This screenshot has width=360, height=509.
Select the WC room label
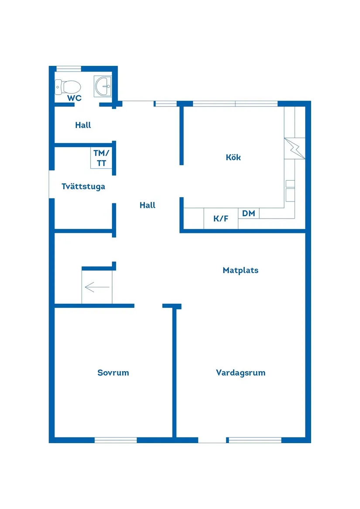(x=74, y=98)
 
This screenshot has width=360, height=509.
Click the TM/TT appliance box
(x=102, y=158)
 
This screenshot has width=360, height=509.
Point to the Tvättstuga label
(x=83, y=186)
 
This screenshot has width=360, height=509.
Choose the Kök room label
(x=233, y=157)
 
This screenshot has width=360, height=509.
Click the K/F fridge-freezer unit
(x=221, y=219)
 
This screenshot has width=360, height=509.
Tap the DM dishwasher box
(x=248, y=213)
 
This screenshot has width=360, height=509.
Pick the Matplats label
(x=240, y=270)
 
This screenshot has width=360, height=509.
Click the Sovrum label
(x=113, y=372)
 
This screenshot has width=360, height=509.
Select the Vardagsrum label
(x=240, y=372)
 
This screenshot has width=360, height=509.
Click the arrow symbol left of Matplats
(x=97, y=287)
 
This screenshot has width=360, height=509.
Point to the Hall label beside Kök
(x=147, y=205)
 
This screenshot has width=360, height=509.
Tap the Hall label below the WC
(x=83, y=125)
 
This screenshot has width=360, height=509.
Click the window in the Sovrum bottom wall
(x=116, y=440)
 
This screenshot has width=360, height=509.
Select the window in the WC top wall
(x=69, y=68)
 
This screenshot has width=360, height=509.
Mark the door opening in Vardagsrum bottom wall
(x=213, y=440)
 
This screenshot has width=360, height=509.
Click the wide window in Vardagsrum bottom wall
(x=255, y=440)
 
